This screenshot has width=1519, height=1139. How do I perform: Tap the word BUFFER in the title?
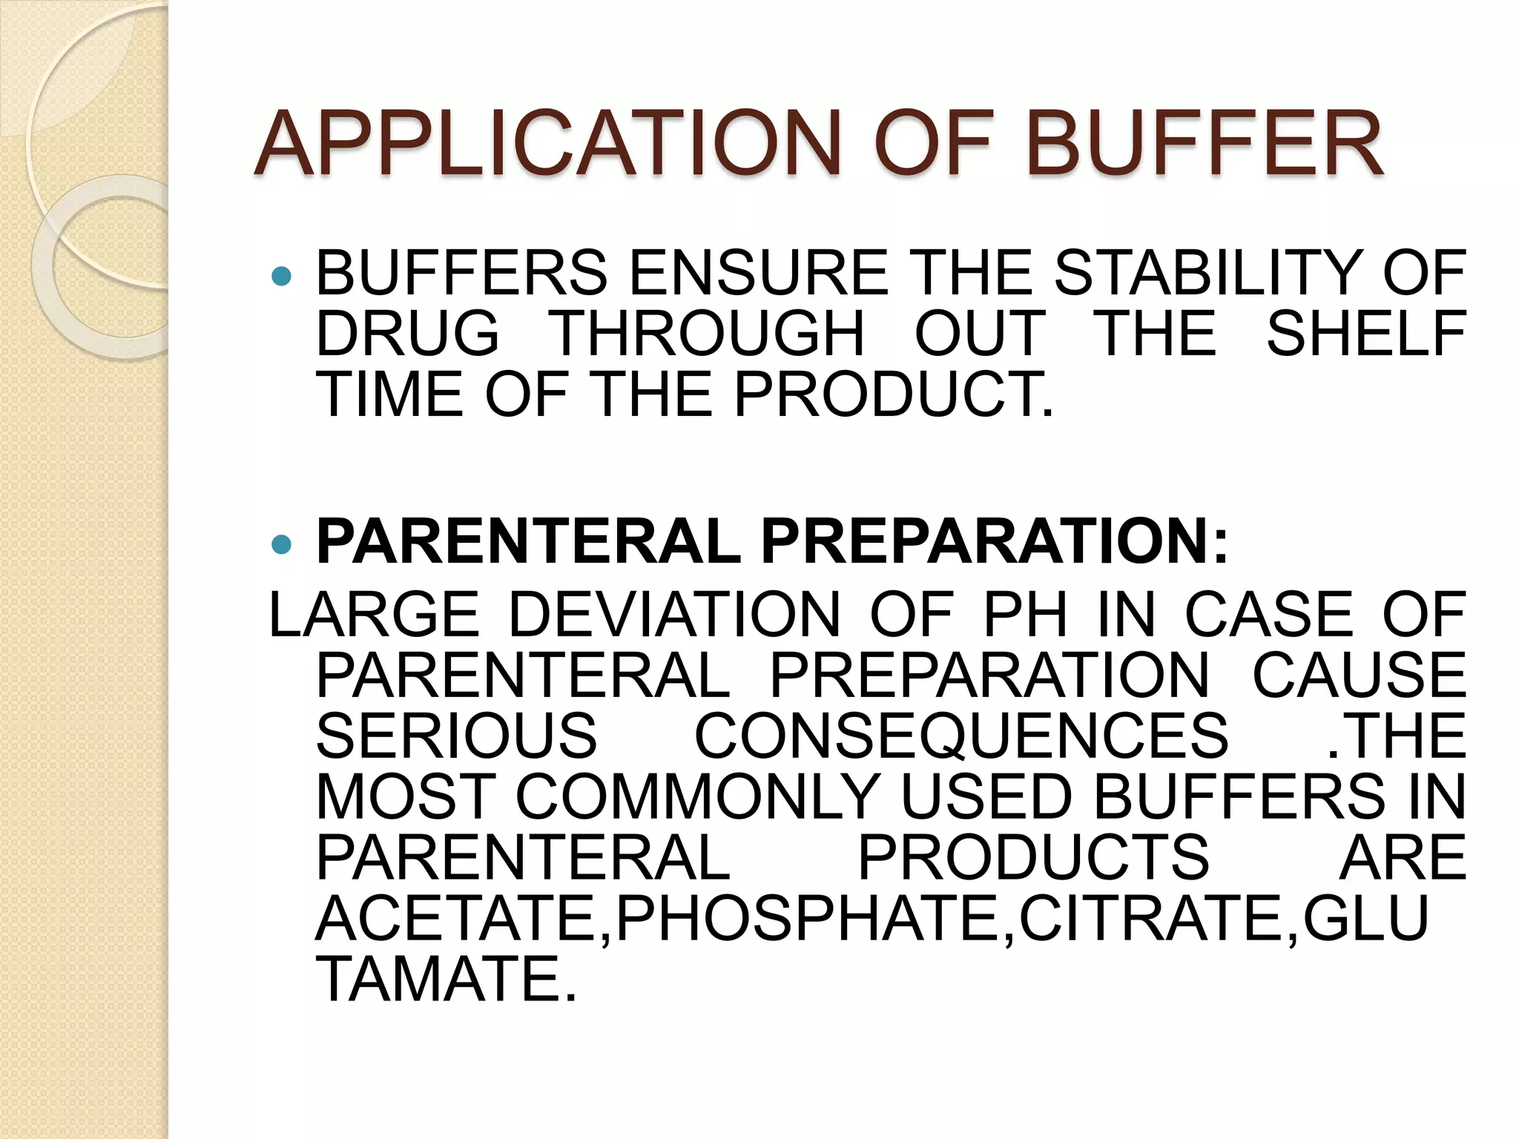click(x=1205, y=144)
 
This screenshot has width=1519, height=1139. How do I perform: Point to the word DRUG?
click(x=407, y=334)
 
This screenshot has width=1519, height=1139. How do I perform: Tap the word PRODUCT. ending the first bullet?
click(x=893, y=394)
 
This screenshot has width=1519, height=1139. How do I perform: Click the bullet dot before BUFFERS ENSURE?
click(x=282, y=277)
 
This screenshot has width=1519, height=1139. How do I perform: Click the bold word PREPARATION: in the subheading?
click(x=994, y=542)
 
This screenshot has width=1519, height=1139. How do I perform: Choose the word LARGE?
click(x=374, y=615)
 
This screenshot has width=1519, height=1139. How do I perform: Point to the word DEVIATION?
click(x=674, y=615)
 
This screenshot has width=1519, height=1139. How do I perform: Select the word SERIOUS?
click(x=456, y=736)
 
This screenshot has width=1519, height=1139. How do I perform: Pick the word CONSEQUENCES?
click(x=961, y=736)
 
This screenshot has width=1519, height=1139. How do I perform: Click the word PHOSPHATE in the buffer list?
click(x=808, y=919)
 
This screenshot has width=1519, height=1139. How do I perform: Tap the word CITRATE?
click(x=1150, y=919)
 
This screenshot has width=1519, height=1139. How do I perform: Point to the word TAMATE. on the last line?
click(x=446, y=980)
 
